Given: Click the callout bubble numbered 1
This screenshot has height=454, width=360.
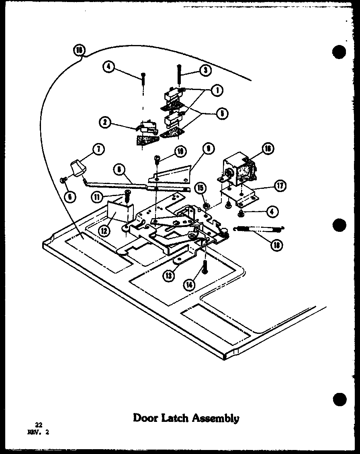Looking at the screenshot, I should pyautogui.click(x=217, y=90).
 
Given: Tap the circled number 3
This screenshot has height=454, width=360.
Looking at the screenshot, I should pyautogui.click(x=205, y=70).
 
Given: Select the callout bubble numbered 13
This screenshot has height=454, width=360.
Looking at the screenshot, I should pyautogui.click(x=168, y=275).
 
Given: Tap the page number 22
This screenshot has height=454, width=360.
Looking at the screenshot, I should pyautogui.click(x=38, y=425).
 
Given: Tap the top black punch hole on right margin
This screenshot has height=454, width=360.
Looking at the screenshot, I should pyautogui.click(x=340, y=53).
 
